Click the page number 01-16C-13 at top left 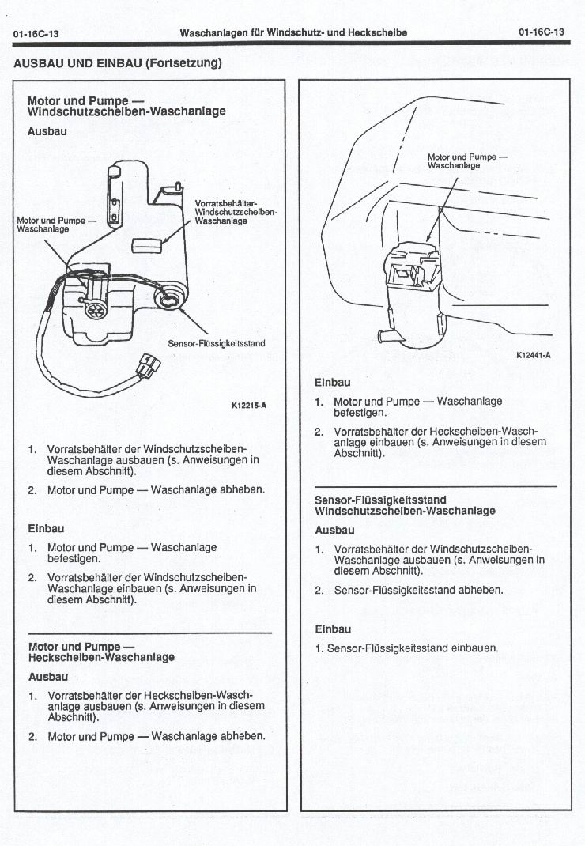tap(36, 33)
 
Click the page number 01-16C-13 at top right tap(542, 32)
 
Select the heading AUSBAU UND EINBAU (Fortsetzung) tap(118, 63)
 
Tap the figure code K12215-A tap(249, 406)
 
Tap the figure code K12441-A tap(534, 355)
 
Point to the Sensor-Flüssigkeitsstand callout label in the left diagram tap(217, 344)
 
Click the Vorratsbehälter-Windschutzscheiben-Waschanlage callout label tap(235, 212)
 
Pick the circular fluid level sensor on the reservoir tap(170, 299)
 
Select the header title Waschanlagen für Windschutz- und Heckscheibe tap(293, 32)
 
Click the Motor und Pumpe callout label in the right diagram tap(466, 161)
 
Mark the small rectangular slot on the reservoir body tap(145, 244)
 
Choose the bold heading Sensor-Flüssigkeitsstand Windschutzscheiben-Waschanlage tap(405, 505)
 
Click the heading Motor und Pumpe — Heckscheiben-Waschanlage tap(101, 651)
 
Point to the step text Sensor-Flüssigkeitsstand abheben tap(418, 590)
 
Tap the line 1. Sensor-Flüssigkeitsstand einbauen tap(406, 648)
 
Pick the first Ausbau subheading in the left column tap(47, 131)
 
